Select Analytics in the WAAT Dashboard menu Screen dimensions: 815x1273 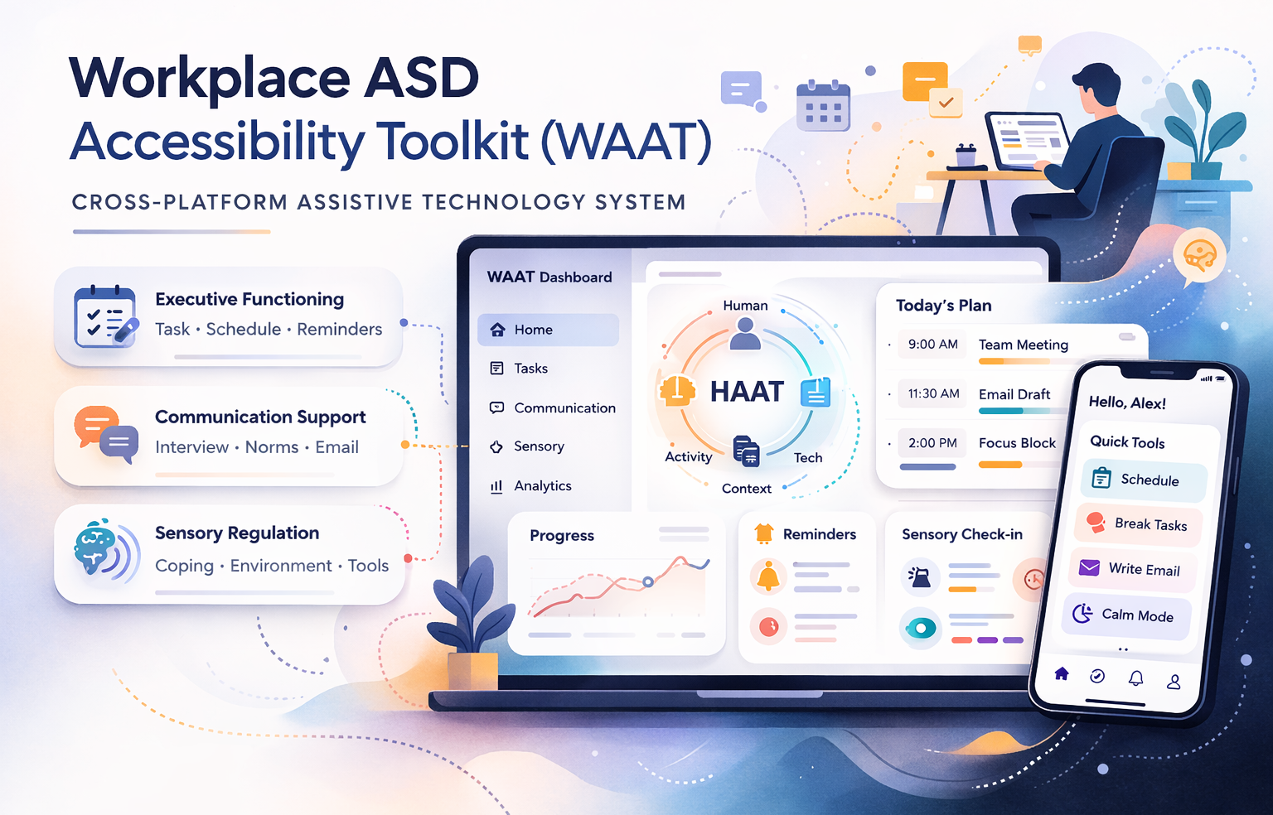point(542,486)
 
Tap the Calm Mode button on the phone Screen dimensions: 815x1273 point(1127,615)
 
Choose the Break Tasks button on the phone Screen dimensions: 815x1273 point(1140,523)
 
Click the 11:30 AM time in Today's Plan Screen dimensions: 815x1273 point(933,394)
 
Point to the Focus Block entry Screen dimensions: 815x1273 point(1017,443)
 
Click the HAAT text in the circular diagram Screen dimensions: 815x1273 point(747,392)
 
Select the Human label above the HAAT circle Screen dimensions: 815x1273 point(745,306)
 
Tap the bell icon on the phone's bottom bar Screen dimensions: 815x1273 point(1135,678)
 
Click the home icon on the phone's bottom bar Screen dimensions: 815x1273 point(1062,673)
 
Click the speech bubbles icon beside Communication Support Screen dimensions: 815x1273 point(106,434)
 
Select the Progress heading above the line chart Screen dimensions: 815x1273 point(562,536)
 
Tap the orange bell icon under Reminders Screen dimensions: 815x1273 point(768,576)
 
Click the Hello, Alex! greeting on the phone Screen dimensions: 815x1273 point(1127,403)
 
